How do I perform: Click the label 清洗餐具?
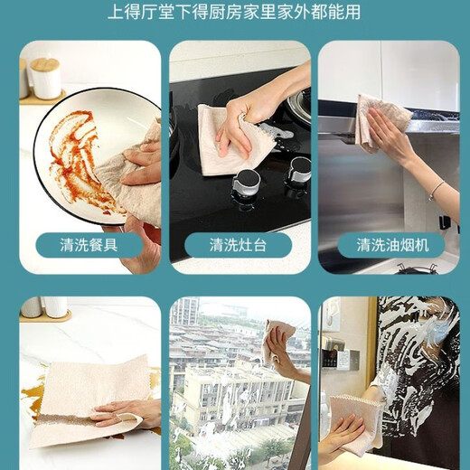(89, 245)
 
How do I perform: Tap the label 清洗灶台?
(239, 245)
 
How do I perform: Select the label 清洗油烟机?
(390, 245)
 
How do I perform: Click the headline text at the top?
(234, 13)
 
